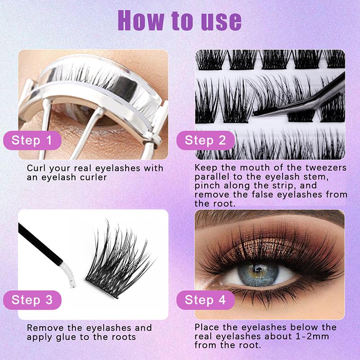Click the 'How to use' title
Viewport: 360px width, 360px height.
180,20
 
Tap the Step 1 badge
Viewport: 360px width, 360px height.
32,140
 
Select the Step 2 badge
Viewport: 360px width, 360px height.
206,140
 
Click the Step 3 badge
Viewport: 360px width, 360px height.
32,300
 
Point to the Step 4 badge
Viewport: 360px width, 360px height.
206,300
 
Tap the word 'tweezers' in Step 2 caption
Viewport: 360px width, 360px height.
326,167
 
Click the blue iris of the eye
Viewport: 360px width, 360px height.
258,274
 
